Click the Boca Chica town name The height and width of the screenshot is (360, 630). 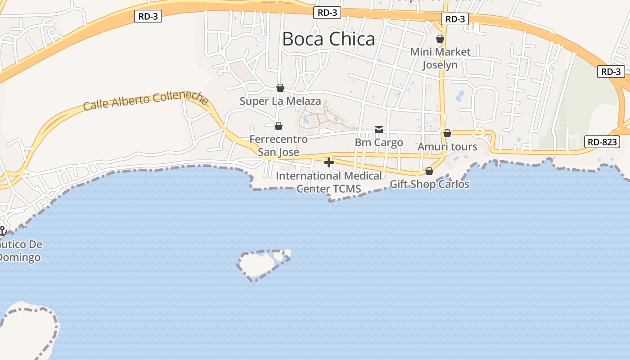(x=328, y=39)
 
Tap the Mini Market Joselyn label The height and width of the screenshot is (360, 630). (x=440, y=58)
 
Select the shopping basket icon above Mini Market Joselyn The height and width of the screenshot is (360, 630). (x=440, y=39)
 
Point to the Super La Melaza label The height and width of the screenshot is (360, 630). (x=280, y=101)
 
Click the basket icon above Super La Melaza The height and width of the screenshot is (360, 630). (x=280, y=87)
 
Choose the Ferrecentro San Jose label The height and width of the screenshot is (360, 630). (x=279, y=145)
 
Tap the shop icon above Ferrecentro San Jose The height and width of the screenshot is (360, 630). (x=279, y=126)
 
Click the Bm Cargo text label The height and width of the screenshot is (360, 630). (x=379, y=143)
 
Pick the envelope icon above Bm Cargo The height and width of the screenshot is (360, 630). (x=379, y=130)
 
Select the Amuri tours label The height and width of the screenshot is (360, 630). (x=447, y=147)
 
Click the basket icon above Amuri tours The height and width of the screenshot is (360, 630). (x=447, y=133)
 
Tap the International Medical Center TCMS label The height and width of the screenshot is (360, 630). (x=329, y=182)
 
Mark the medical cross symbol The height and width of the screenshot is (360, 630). (x=329, y=162)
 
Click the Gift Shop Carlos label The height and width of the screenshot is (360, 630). (x=429, y=184)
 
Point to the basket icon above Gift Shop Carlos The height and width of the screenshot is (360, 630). (x=429, y=171)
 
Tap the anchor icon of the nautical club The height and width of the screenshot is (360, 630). (x=2, y=231)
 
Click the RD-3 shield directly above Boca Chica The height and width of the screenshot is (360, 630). (x=327, y=13)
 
